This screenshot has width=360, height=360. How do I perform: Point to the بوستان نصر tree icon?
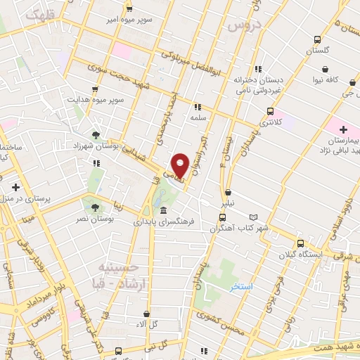coord(95,207)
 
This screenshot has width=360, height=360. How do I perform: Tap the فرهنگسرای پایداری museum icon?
coord(163,211)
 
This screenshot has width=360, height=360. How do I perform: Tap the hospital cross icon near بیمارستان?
coord(342,129)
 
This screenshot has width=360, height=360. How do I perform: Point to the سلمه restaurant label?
coord(198,119)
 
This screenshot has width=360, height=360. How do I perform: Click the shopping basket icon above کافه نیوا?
coord(326,69)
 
